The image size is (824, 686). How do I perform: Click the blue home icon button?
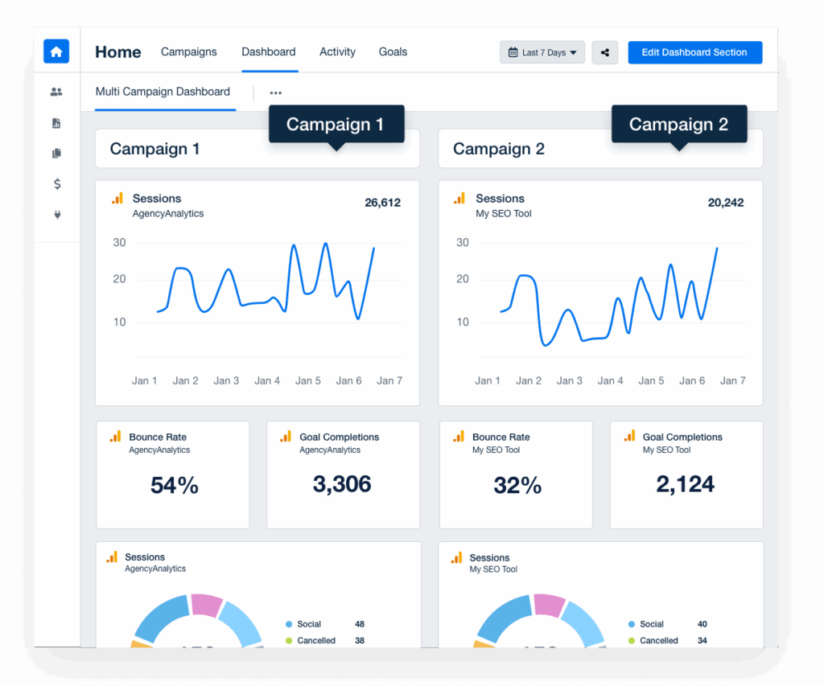tap(56, 51)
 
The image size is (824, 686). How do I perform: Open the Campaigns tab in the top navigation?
tap(188, 51)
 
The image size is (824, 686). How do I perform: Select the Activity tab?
tap(337, 51)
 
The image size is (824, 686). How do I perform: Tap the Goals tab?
tap(393, 51)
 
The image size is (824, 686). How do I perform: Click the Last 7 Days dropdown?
tap(542, 52)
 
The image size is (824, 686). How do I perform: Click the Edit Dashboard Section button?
tap(694, 52)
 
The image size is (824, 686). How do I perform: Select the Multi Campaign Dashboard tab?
tap(163, 92)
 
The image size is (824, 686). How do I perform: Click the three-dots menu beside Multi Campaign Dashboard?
tap(276, 92)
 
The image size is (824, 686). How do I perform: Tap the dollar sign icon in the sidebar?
tap(57, 184)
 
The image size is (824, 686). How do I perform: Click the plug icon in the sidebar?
tap(57, 215)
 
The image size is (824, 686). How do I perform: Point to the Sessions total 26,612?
tap(382, 203)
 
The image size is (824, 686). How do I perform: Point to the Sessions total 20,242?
tap(726, 203)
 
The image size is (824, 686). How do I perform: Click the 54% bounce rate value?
tap(175, 485)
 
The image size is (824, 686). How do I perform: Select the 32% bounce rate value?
tap(517, 485)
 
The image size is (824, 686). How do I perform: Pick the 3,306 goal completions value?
tap(342, 484)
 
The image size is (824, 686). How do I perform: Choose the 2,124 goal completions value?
tap(686, 484)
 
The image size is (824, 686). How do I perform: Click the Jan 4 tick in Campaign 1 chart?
tap(267, 380)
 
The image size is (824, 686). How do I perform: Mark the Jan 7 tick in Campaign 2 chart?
tap(732, 380)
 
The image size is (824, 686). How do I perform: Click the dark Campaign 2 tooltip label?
tap(678, 124)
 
